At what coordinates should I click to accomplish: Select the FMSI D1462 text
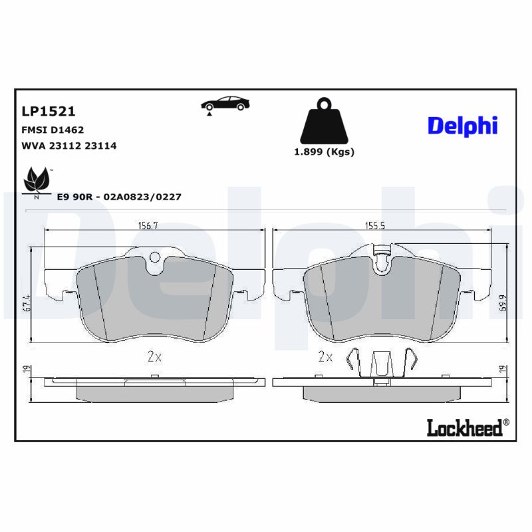[x=53, y=130]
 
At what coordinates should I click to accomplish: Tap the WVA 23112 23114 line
[x=69, y=146]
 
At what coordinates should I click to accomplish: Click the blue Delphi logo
[x=462, y=124]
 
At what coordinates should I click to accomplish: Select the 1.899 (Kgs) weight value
[x=324, y=152]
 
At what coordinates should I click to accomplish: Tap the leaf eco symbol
[x=37, y=182]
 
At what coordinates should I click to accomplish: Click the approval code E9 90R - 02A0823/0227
[x=119, y=197]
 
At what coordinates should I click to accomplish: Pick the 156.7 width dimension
[x=147, y=226]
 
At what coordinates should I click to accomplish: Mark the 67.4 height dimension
[x=27, y=304]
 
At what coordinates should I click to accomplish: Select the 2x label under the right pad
[x=325, y=357]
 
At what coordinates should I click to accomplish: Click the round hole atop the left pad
[x=154, y=257]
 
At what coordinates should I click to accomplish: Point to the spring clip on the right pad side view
[x=381, y=363]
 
